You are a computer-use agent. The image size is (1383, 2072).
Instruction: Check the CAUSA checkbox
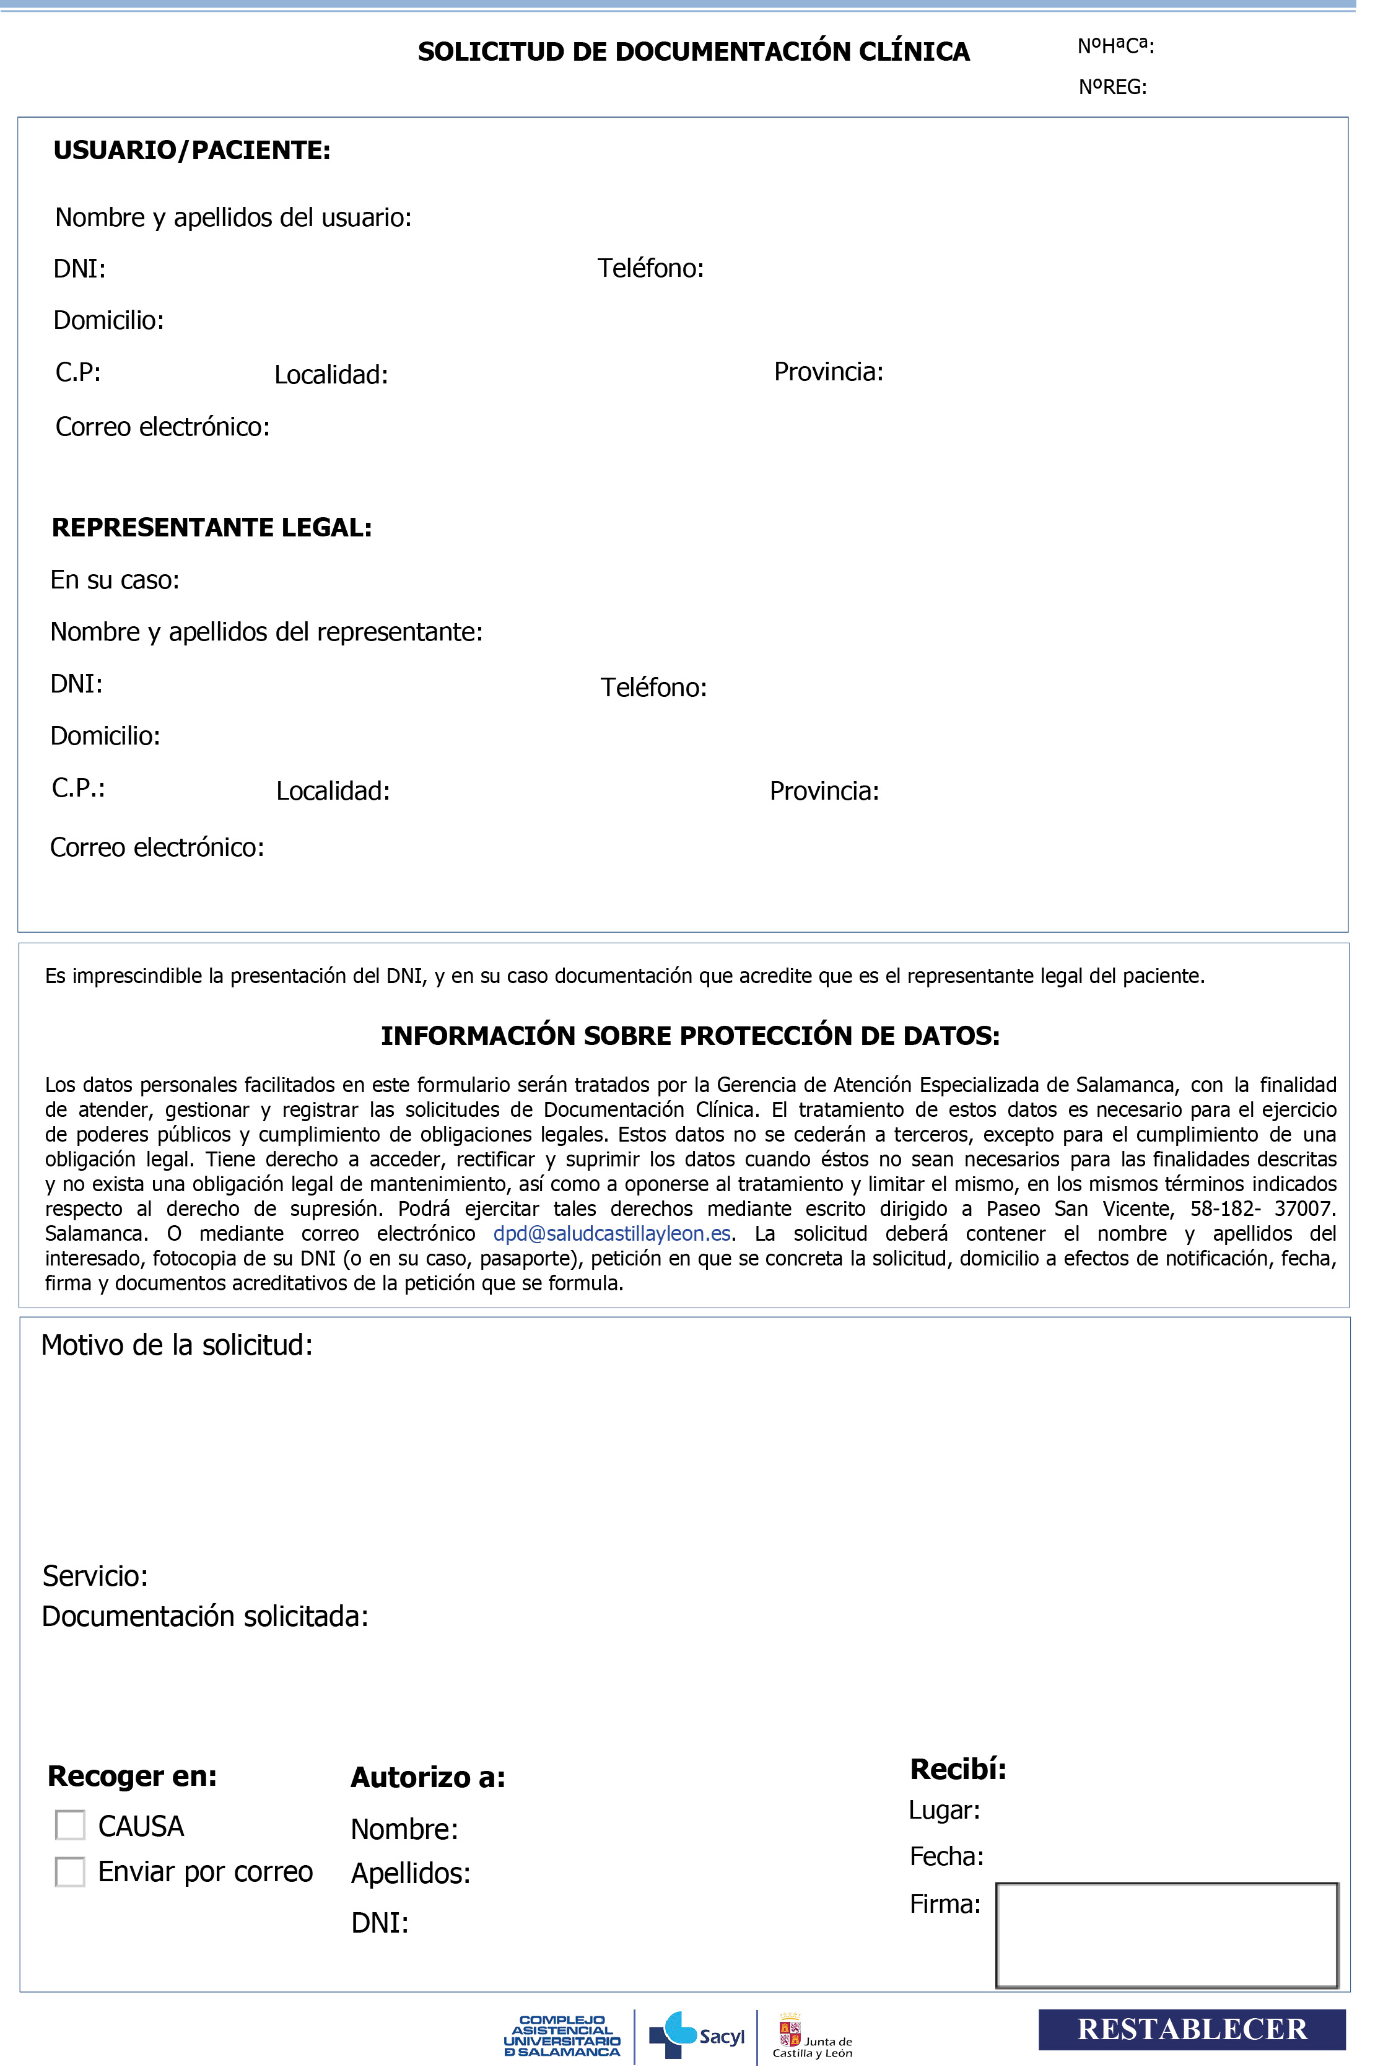pos(71,1826)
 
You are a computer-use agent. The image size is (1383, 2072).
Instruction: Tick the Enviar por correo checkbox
pos(71,1872)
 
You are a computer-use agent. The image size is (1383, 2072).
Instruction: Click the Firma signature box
pos(1166,1935)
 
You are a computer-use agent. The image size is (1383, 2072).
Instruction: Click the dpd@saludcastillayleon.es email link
pos(611,1233)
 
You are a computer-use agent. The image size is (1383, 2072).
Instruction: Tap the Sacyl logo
pos(697,2035)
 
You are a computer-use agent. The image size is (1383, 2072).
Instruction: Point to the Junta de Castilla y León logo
pos(813,2037)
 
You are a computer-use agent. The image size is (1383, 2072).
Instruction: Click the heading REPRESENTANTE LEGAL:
pos(212,528)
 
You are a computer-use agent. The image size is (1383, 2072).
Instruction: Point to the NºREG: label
pos(1112,87)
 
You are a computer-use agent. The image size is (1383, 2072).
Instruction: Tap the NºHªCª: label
pos(1115,46)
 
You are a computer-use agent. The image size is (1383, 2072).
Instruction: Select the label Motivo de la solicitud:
pos(177,1345)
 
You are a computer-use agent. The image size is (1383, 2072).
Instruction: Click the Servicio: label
pos(95,1576)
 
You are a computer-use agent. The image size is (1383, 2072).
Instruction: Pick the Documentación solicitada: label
pos(204,1616)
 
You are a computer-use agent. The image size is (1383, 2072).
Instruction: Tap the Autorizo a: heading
pos(428,1777)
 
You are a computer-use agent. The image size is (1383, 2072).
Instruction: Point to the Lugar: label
pos(944,1810)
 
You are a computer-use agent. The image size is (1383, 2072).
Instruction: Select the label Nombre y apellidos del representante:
pos(266,632)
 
